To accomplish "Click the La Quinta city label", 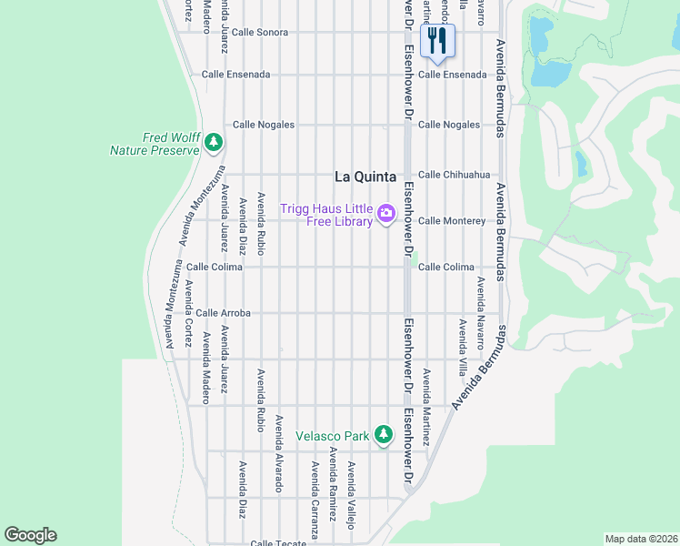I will click(x=365, y=177).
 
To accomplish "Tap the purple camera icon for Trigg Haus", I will click(x=386, y=214).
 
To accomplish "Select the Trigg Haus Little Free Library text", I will click(x=327, y=215).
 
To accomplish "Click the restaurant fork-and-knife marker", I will click(x=437, y=41).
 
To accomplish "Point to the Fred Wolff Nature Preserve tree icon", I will click(x=214, y=142).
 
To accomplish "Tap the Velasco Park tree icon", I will click(x=385, y=435).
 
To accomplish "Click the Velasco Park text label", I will click(x=333, y=436).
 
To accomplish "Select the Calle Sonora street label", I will click(x=259, y=32).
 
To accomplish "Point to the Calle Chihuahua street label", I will click(x=454, y=175).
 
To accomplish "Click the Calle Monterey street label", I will click(x=452, y=221).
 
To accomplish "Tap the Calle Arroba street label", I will click(x=223, y=313).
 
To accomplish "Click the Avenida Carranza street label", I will click(x=315, y=500).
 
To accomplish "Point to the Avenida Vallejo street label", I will click(x=351, y=494).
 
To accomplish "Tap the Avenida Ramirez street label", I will click(x=333, y=478).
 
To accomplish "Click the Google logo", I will click(x=30, y=535).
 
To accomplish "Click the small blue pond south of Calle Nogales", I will click(x=580, y=163).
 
